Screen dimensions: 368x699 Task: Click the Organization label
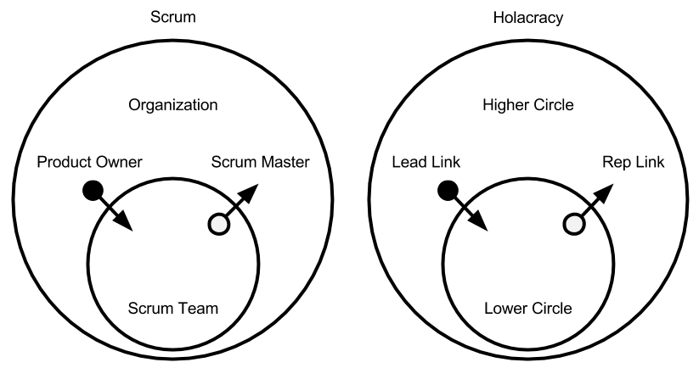click(x=172, y=105)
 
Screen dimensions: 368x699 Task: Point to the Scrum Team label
click(x=172, y=309)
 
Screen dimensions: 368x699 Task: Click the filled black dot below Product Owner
click(x=91, y=191)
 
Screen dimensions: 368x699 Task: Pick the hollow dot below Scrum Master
click(x=219, y=224)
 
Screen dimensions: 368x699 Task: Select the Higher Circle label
click(x=527, y=105)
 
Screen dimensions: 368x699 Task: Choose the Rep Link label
click(x=633, y=162)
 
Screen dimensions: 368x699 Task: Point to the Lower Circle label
click(x=527, y=309)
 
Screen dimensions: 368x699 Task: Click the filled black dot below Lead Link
click(x=447, y=191)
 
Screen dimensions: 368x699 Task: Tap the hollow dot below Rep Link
click(x=575, y=224)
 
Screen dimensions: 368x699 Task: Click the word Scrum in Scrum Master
click(x=231, y=162)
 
